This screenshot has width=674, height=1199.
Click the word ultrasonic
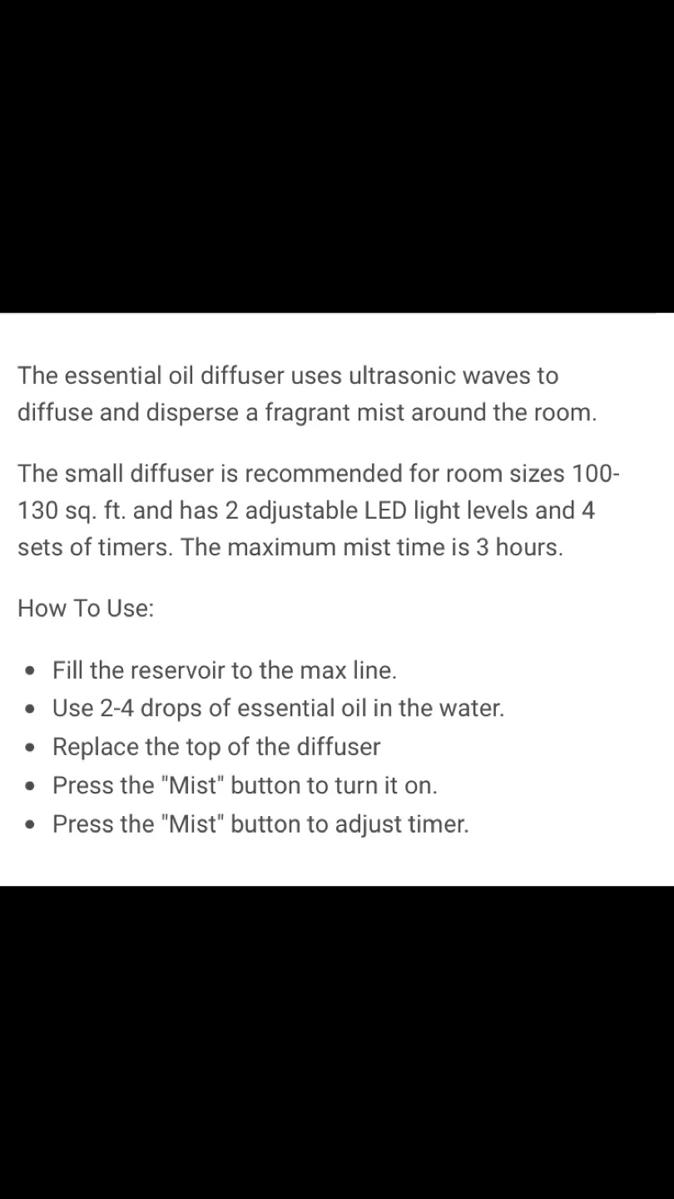click(x=402, y=376)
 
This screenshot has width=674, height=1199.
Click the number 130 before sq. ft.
click(x=37, y=510)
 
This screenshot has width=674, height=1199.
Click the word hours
click(x=528, y=548)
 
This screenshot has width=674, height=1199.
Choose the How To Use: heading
click(x=86, y=609)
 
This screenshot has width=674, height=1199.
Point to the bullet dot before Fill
click(x=30, y=671)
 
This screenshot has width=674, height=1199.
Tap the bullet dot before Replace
click(x=30, y=748)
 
